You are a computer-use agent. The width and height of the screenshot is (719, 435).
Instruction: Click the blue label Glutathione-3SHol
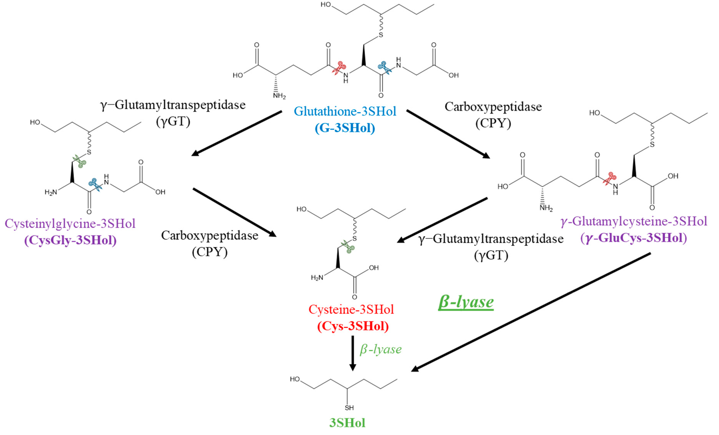point(345,111)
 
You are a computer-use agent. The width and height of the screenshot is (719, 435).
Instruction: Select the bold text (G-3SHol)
point(345,128)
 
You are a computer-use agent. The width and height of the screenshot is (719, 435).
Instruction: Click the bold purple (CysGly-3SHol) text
point(70,240)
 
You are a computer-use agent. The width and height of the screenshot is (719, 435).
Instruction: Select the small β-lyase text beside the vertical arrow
point(381,349)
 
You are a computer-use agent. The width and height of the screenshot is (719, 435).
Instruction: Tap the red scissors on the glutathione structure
point(339,68)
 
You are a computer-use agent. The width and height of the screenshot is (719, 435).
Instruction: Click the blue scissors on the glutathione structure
point(385,68)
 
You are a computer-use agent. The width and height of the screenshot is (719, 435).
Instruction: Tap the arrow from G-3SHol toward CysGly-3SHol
point(236,133)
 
